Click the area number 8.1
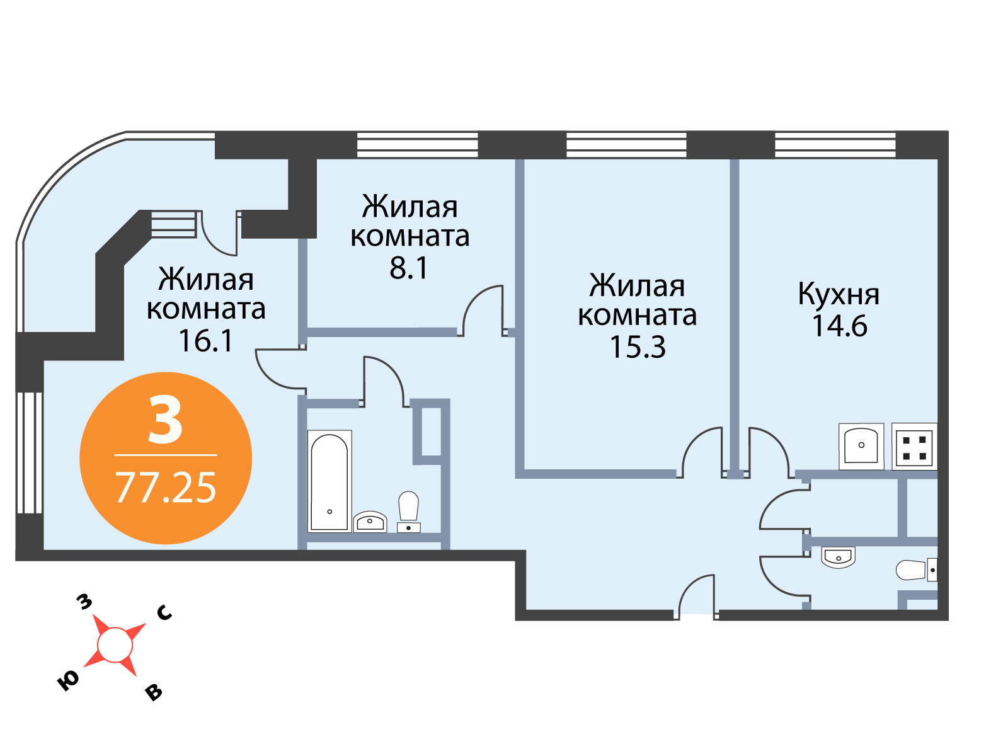pos(408,268)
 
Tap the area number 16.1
pos(206,341)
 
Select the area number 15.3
pos(638,347)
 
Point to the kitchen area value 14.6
pos(839,326)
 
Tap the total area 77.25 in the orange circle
pos(165,488)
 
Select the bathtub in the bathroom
pos(329,481)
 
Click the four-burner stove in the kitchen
pos(914,446)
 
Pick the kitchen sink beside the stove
pos(861,446)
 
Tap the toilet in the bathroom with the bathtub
pos(408,512)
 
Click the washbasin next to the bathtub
pos(370,522)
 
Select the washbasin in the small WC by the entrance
pos(838,558)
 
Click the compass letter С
pos(164,613)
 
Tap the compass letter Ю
pos(68,681)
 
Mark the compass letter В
pos(154,693)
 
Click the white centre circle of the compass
pos(115,645)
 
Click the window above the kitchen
pos(835,145)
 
